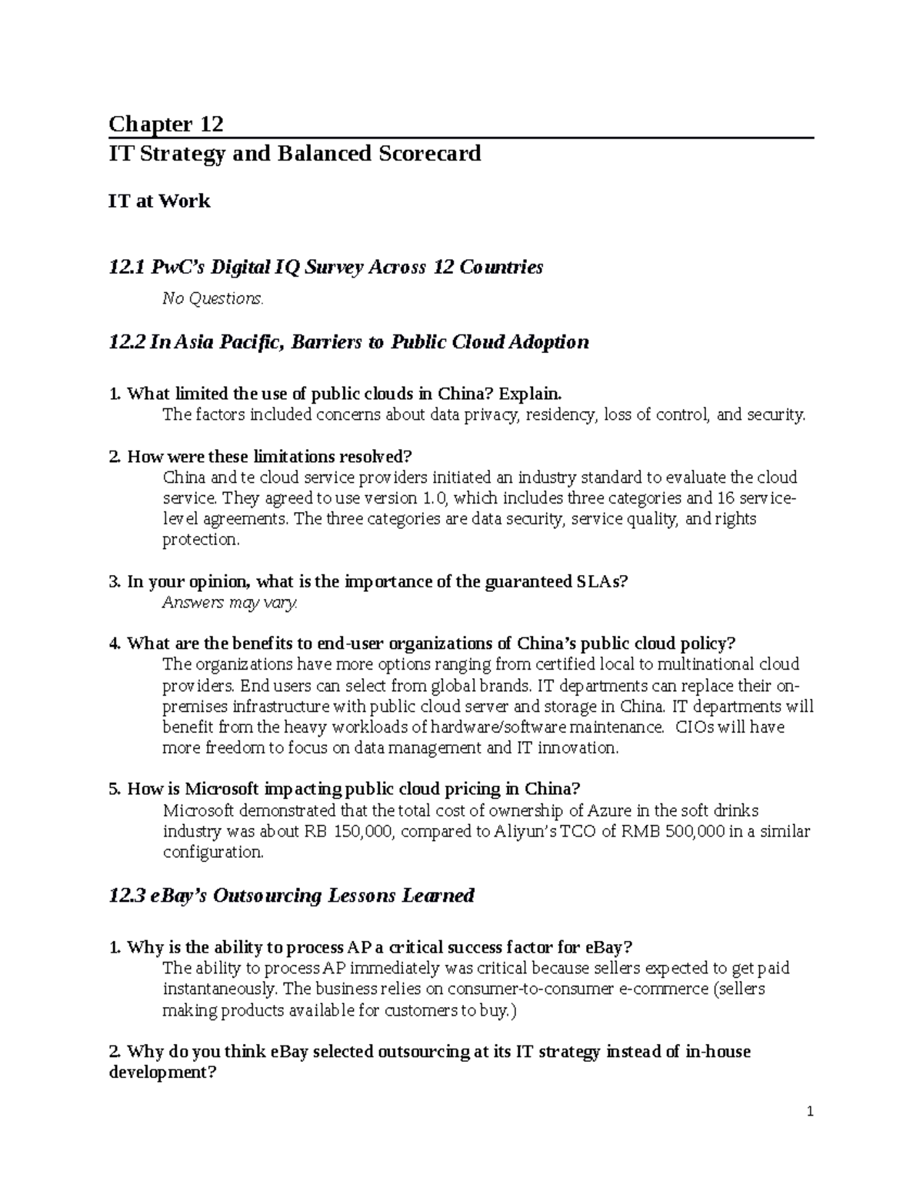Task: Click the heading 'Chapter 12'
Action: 166,124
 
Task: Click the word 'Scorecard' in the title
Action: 428,154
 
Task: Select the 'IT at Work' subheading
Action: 159,201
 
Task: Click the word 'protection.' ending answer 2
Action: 201,540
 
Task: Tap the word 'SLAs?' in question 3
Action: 602,582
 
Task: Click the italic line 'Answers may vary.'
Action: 229,603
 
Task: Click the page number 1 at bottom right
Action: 810,1112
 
